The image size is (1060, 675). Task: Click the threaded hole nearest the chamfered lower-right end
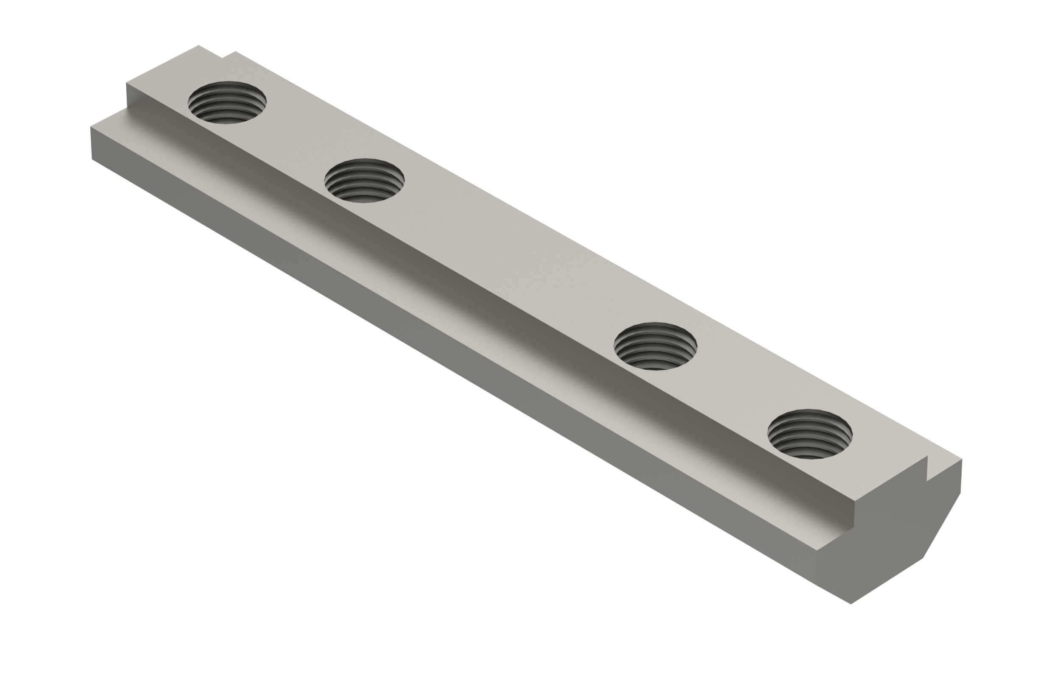pos(809,434)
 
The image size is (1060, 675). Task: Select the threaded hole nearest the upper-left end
pos(227,102)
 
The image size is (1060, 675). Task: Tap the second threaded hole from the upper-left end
pos(364,181)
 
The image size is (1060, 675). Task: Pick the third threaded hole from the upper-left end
pos(656,346)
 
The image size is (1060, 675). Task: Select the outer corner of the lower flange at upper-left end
pos(91,128)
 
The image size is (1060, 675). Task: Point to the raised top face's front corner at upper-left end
pos(127,83)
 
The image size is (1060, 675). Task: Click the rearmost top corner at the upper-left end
pos(198,45)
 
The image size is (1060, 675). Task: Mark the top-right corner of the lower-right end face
pos(961,460)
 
